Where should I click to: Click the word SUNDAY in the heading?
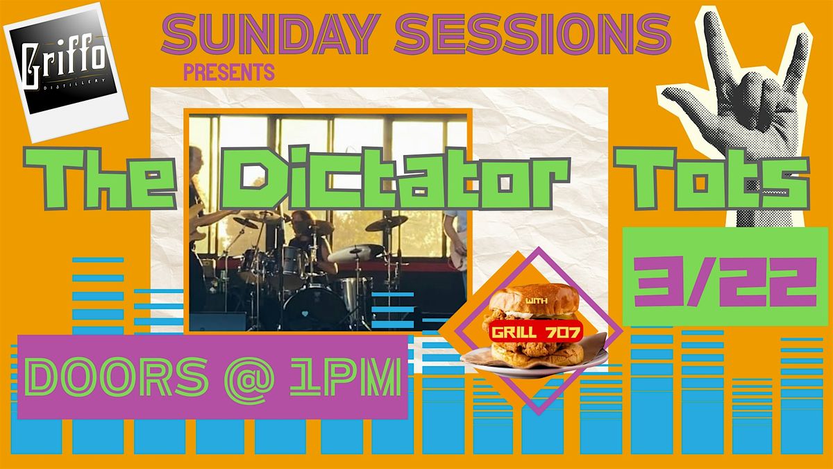click(271, 34)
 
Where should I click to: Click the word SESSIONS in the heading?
click(533, 34)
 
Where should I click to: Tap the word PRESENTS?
click(229, 72)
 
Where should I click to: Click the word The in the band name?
click(99, 179)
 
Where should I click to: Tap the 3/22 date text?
click(725, 282)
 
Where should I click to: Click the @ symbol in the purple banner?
click(249, 379)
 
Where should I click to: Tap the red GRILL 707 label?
click(535, 331)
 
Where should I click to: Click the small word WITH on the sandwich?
click(536, 300)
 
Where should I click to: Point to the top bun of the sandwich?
click(534, 298)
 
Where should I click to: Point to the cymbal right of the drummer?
click(387, 222)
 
